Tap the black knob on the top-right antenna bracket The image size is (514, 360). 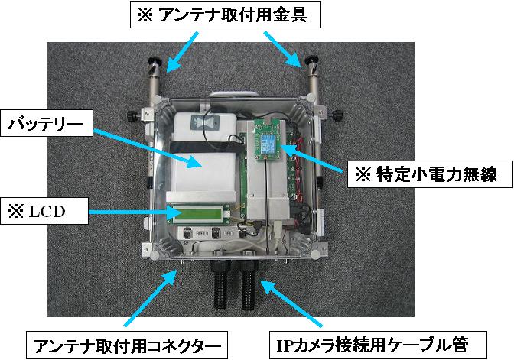click(x=312, y=62)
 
